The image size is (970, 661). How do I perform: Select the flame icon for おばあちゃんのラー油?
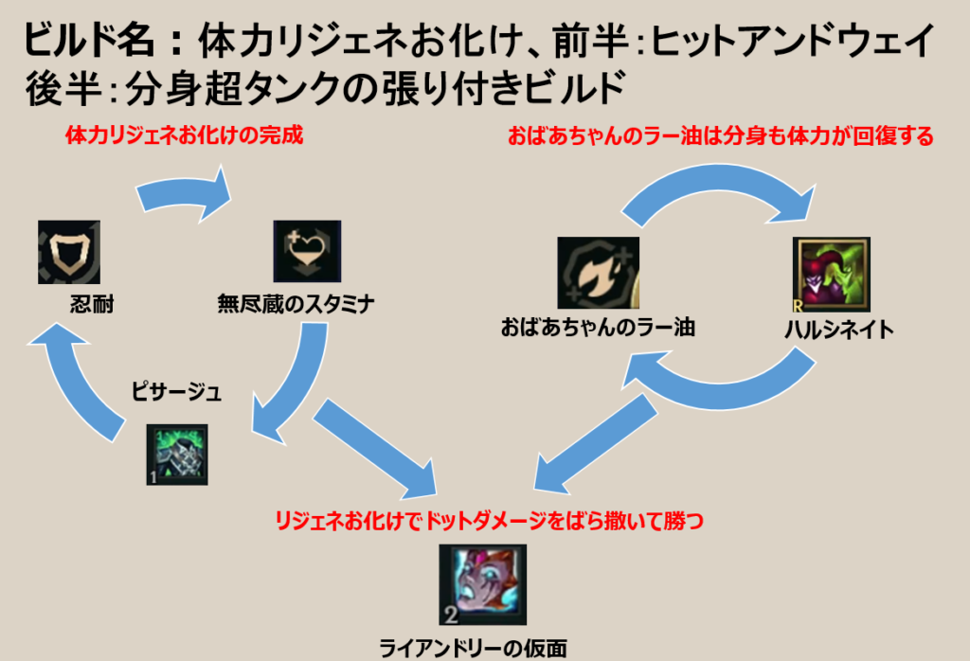tap(598, 274)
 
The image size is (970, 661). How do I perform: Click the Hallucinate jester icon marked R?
tap(829, 275)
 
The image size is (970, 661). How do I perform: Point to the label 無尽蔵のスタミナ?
tap(296, 305)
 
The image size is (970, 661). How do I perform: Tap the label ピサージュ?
tap(176, 392)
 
